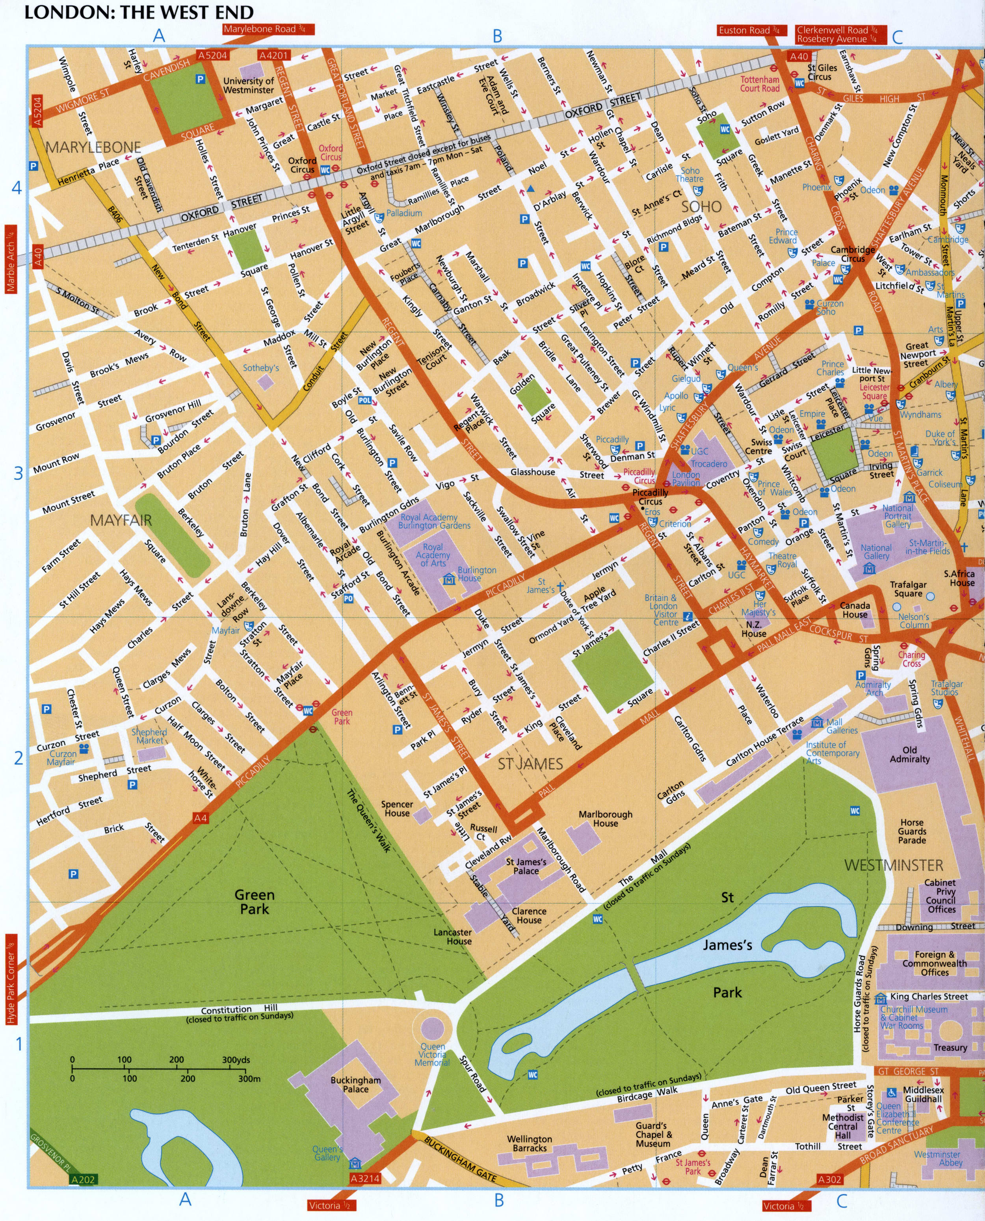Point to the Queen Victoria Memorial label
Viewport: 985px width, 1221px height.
(432, 1054)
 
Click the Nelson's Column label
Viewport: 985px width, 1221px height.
(914, 621)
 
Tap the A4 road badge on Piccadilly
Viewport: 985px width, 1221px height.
(200, 818)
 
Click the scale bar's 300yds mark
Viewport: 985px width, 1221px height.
(236, 1059)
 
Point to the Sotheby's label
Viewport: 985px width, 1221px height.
(261, 368)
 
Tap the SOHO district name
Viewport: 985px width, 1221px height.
(701, 206)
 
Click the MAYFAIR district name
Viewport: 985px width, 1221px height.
(121, 519)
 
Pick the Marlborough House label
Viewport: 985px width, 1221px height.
(606, 818)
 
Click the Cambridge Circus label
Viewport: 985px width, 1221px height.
(852, 254)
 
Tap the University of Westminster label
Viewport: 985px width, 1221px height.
(249, 85)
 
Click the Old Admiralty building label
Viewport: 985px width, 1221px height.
(909, 754)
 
